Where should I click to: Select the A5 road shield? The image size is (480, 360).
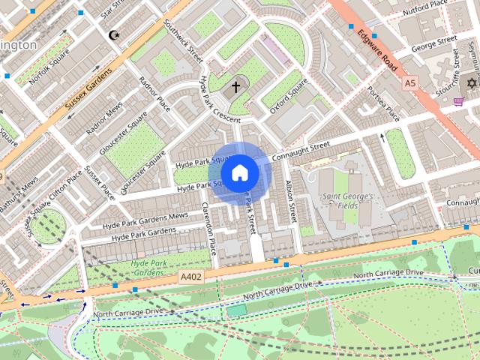point(409,82)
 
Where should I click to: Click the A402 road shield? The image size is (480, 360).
point(190,277)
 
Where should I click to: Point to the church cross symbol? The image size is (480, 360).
point(235,87)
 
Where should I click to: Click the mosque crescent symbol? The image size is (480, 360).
point(114,35)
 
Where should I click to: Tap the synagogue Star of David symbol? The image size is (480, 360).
point(472,82)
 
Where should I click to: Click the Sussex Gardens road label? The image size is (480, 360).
point(88,89)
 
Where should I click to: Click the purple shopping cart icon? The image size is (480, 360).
point(458,102)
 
